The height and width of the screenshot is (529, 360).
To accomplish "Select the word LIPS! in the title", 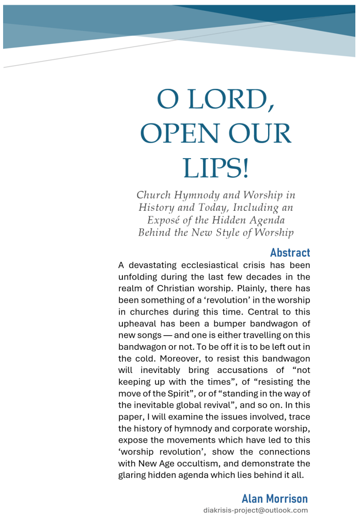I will coord(216,168).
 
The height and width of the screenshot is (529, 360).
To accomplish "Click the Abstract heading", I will coord(290,253).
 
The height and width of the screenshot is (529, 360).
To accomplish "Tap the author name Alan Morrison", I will coord(274,499).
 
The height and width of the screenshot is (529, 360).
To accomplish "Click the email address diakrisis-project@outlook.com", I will coord(256,510).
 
